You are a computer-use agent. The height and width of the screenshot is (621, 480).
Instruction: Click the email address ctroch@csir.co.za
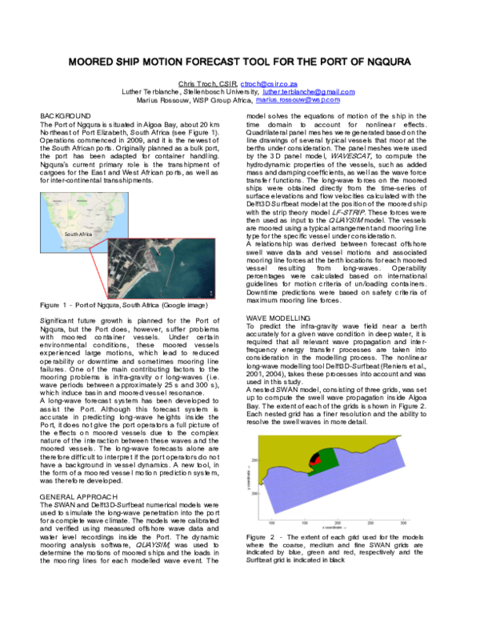(x=272, y=83)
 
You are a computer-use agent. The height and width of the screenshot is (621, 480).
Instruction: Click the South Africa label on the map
(x=80, y=234)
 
